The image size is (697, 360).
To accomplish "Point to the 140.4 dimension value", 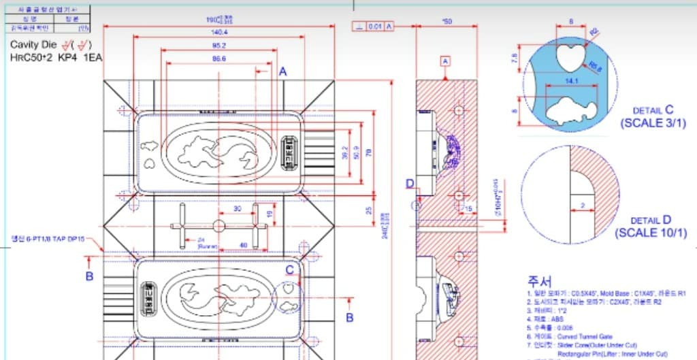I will pos(219,32).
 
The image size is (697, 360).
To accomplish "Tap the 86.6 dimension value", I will pos(218,59).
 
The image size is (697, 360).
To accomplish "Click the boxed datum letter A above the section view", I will pos(446,61).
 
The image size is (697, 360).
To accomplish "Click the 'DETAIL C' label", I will pos(653,110).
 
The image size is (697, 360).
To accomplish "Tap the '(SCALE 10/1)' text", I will pos(651,233).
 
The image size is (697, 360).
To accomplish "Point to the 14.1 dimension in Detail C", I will pos(570,81).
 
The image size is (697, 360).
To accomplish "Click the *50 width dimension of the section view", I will pos(447,22).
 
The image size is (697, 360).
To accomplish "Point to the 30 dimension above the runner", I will pos(237,209).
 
